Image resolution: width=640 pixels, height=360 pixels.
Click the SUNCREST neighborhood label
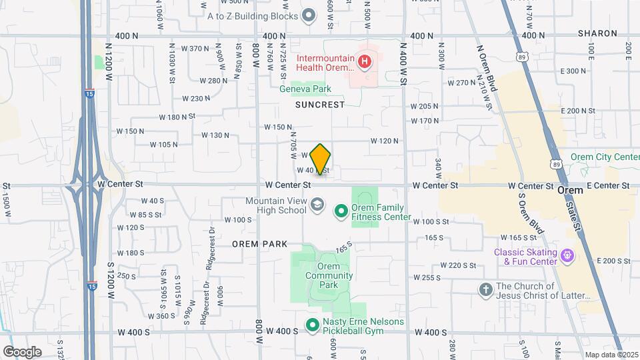tap(320, 105)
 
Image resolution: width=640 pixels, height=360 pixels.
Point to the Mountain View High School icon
tap(317, 205)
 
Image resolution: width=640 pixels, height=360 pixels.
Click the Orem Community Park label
tap(329, 275)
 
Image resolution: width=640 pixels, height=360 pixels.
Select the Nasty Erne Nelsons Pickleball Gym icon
tap(312, 325)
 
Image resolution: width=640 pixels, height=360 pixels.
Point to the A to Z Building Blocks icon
tap(308, 15)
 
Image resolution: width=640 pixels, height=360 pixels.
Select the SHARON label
tap(597, 33)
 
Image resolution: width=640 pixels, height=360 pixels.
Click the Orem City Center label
tap(604, 157)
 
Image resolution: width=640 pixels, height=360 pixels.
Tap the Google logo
tap(21, 351)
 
